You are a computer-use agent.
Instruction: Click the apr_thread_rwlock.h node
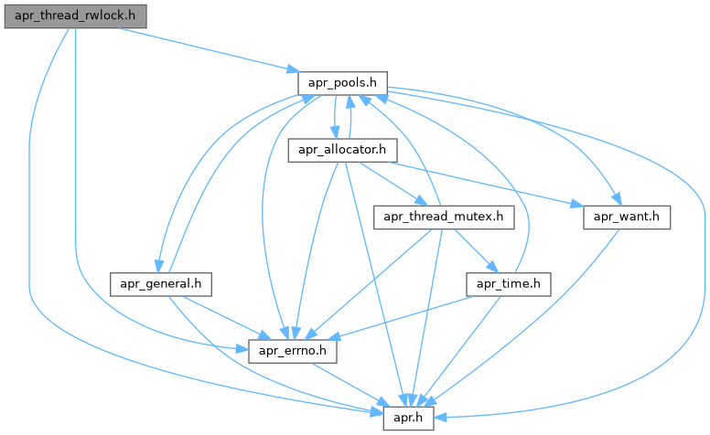(x=75, y=16)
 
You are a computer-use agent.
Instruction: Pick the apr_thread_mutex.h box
(x=444, y=217)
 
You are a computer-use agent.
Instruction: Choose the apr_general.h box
(x=160, y=283)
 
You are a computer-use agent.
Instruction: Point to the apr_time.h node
(x=509, y=283)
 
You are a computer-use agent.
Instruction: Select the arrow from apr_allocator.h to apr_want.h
(x=485, y=183)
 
